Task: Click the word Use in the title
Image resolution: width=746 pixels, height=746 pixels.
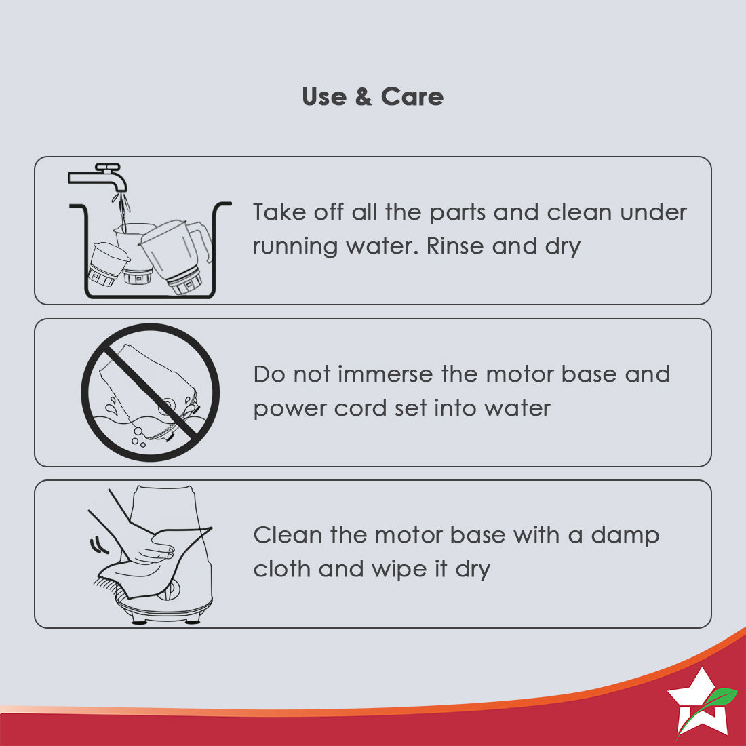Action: [x=324, y=96]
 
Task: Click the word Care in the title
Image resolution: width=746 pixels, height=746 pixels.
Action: [x=412, y=96]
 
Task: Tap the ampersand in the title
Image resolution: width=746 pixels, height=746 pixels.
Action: [x=363, y=96]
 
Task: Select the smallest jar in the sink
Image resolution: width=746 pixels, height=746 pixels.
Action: [x=108, y=264]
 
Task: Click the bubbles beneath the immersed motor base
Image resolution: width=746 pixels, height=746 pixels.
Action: [x=138, y=437]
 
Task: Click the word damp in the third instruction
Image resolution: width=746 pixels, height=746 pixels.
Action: [x=625, y=535]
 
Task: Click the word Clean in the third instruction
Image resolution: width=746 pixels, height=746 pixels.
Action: [x=288, y=535]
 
